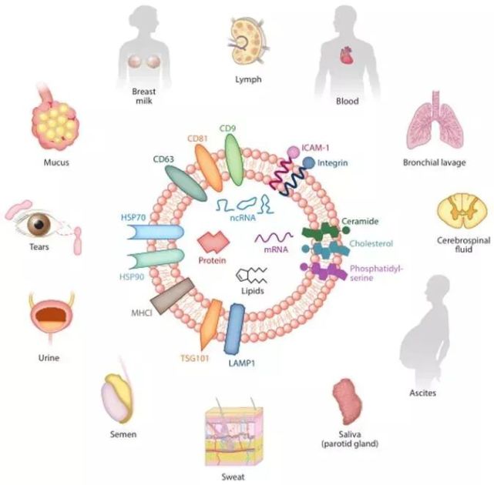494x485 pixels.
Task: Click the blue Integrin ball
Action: [x=308, y=163]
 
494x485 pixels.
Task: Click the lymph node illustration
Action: [x=248, y=39]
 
